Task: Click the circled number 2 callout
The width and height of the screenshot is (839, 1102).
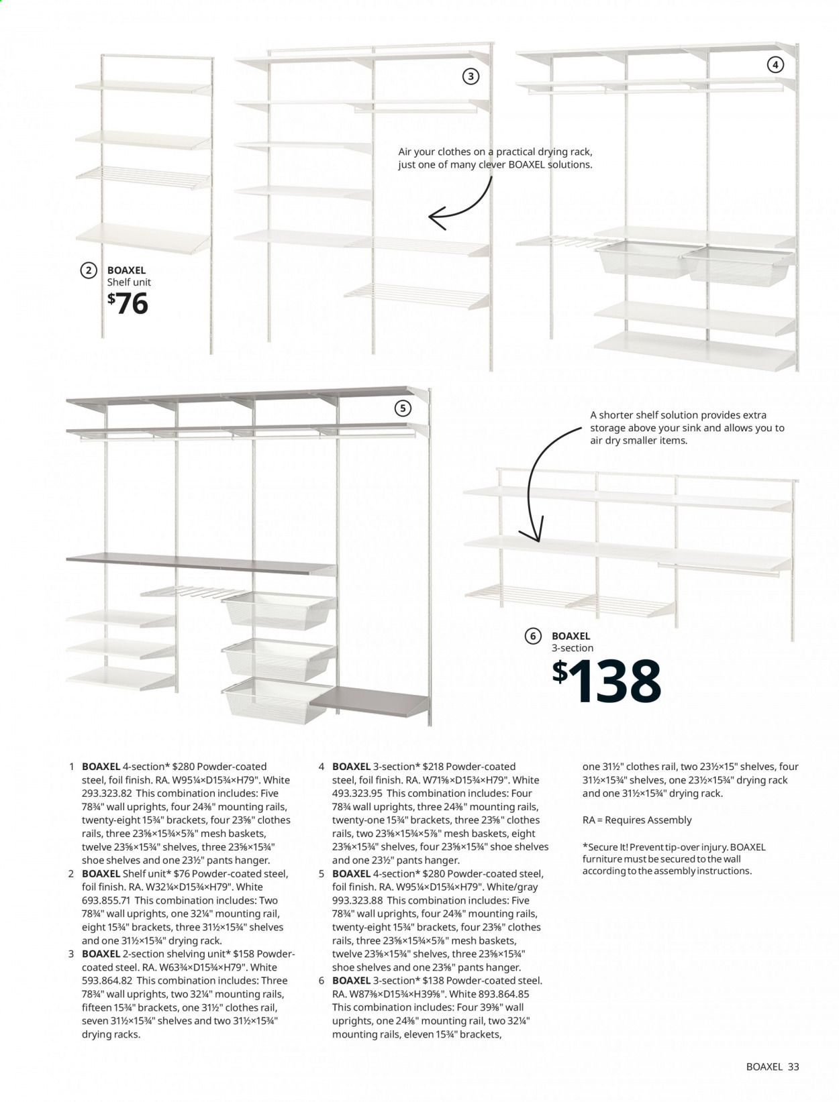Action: pyautogui.click(x=89, y=270)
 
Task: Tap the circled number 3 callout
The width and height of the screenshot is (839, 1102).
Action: pyautogui.click(x=471, y=76)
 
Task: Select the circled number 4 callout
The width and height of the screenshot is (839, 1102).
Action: pyautogui.click(x=775, y=65)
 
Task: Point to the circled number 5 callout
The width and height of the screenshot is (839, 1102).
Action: pyautogui.click(x=403, y=408)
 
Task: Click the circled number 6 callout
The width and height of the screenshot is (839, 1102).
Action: pyautogui.click(x=533, y=637)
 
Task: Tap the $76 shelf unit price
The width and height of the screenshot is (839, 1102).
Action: pyautogui.click(x=128, y=304)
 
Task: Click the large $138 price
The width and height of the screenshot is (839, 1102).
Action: pyautogui.click(x=607, y=681)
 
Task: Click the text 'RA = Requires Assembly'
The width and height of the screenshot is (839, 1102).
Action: pyautogui.click(x=636, y=820)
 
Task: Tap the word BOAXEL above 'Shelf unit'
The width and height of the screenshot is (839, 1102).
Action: pyautogui.click(x=126, y=270)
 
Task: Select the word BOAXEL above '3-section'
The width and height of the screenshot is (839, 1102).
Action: pyautogui.click(x=571, y=636)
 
